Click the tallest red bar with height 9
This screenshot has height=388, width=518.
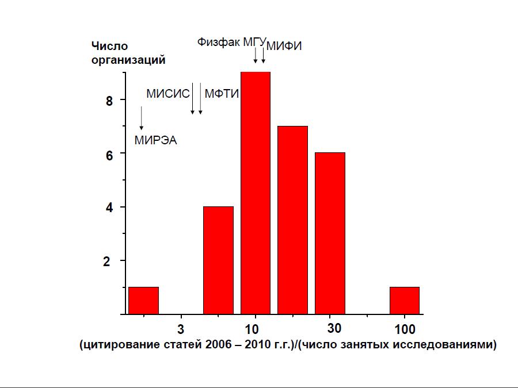(255, 193)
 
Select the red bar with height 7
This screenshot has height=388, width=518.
(292, 220)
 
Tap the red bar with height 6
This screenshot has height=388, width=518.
(330, 233)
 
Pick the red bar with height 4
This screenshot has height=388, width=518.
(218, 260)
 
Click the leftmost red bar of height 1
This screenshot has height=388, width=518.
(143, 300)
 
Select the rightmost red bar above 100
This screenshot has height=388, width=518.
(404, 300)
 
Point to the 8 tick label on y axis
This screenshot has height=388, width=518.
(107, 101)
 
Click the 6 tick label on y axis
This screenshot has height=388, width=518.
(107, 154)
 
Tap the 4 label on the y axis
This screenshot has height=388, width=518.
(107, 208)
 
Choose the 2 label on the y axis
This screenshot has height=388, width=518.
(107, 261)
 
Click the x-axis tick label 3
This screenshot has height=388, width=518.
(181, 330)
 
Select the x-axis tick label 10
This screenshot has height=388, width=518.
(252, 330)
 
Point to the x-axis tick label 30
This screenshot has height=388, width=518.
(334, 330)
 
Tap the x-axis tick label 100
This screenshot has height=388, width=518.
(405, 330)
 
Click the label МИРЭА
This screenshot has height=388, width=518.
(155, 139)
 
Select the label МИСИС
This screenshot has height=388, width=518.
(167, 94)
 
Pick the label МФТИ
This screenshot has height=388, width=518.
(222, 94)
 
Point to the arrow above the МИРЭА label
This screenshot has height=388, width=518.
(141, 118)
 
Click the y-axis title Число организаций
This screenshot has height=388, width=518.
(128, 52)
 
